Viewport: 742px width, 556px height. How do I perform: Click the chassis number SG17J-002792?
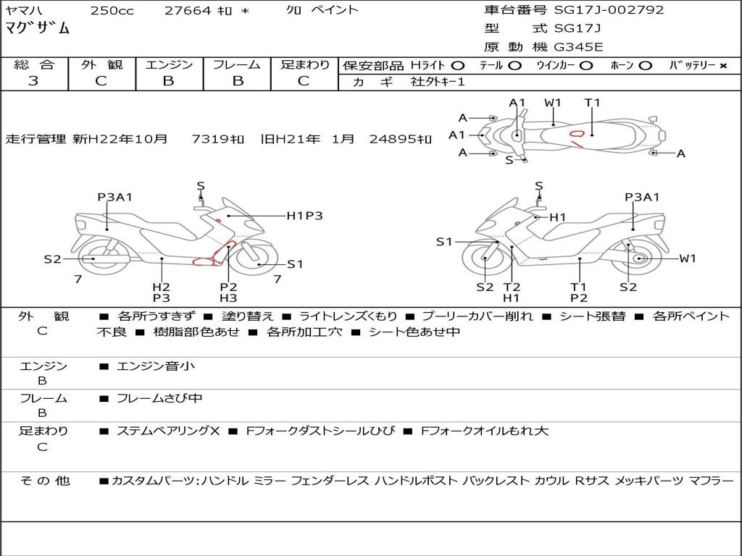pyautogui.click(x=609, y=9)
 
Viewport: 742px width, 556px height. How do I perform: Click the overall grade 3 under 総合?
pyautogui.click(x=33, y=81)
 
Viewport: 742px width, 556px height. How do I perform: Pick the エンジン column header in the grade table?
pyautogui.click(x=169, y=64)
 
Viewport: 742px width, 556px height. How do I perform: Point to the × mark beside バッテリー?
pyautogui.click(x=723, y=66)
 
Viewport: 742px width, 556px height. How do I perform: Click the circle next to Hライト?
pyautogui.click(x=457, y=66)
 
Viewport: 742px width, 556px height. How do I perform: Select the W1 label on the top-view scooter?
pyautogui.click(x=553, y=103)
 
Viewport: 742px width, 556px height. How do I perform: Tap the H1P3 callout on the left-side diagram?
pyautogui.click(x=305, y=216)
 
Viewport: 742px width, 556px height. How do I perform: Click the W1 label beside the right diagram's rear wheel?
pyautogui.click(x=688, y=258)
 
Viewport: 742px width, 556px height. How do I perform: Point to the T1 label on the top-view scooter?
pyautogui.click(x=592, y=103)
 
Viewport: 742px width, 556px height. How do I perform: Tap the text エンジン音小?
pyautogui.click(x=156, y=366)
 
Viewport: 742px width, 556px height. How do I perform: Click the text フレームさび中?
pyautogui.click(x=159, y=399)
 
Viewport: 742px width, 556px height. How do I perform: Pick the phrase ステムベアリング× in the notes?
pyautogui.click(x=168, y=431)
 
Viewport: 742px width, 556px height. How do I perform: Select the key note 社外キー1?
pyautogui.click(x=438, y=82)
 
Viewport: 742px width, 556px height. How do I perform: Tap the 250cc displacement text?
pyautogui.click(x=112, y=10)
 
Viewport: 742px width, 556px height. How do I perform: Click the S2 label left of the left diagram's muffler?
pyautogui.click(x=52, y=259)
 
